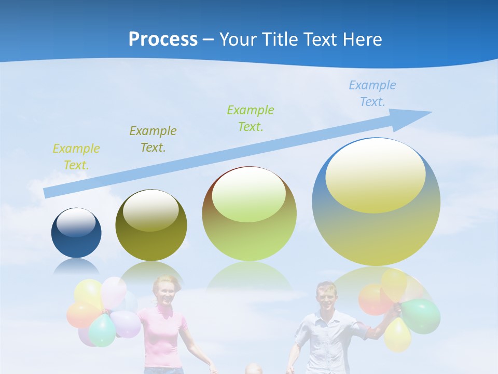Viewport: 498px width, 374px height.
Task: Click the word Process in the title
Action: point(163,39)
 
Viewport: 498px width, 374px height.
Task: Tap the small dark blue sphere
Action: point(76,233)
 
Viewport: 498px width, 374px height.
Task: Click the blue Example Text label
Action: point(372,94)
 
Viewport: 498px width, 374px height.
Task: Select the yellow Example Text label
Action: point(76,157)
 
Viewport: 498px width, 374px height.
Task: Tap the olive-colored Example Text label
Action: point(153,139)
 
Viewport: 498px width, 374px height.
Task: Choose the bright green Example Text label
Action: point(250,118)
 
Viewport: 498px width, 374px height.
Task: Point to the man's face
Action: point(326,296)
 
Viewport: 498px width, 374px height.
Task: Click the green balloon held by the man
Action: point(421,315)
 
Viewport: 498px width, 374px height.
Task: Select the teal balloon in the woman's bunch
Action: point(102,330)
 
